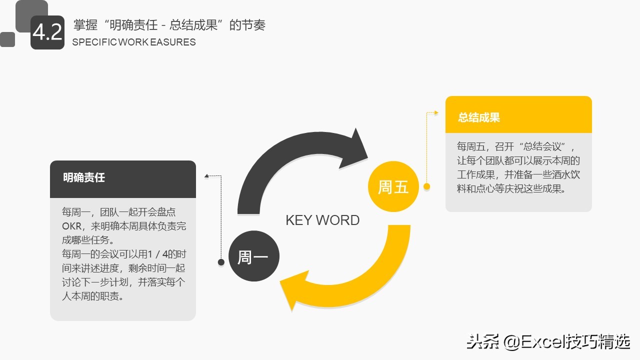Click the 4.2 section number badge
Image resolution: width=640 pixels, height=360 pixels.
[x=47, y=32]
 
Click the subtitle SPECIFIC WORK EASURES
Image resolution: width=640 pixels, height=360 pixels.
[x=134, y=42]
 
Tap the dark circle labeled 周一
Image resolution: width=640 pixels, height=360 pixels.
[x=253, y=257]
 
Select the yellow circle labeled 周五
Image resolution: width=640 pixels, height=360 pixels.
[x=393, y=187]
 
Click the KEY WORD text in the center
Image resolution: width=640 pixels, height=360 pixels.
[x=322, y=220]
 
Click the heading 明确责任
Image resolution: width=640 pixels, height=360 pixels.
[x=84, y=177]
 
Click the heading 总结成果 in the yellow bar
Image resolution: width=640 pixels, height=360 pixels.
[x=479, y=117]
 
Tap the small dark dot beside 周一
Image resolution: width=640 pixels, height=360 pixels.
[x=221, y=262]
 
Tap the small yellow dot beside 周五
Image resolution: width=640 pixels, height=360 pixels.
[x=426, y=186]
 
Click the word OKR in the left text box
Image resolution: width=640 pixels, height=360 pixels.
[x=72, y=226]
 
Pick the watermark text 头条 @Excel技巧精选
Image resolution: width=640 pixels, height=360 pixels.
[x=548, y=342]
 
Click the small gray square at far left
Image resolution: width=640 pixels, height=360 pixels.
[x=7, y=39]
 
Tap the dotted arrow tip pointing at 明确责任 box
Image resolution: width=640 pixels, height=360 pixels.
[x=206, y=175]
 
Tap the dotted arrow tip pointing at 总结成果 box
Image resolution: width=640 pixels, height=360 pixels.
[x=436, y=113]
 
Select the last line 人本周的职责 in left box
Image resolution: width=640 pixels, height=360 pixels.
[x=92, y=296]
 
